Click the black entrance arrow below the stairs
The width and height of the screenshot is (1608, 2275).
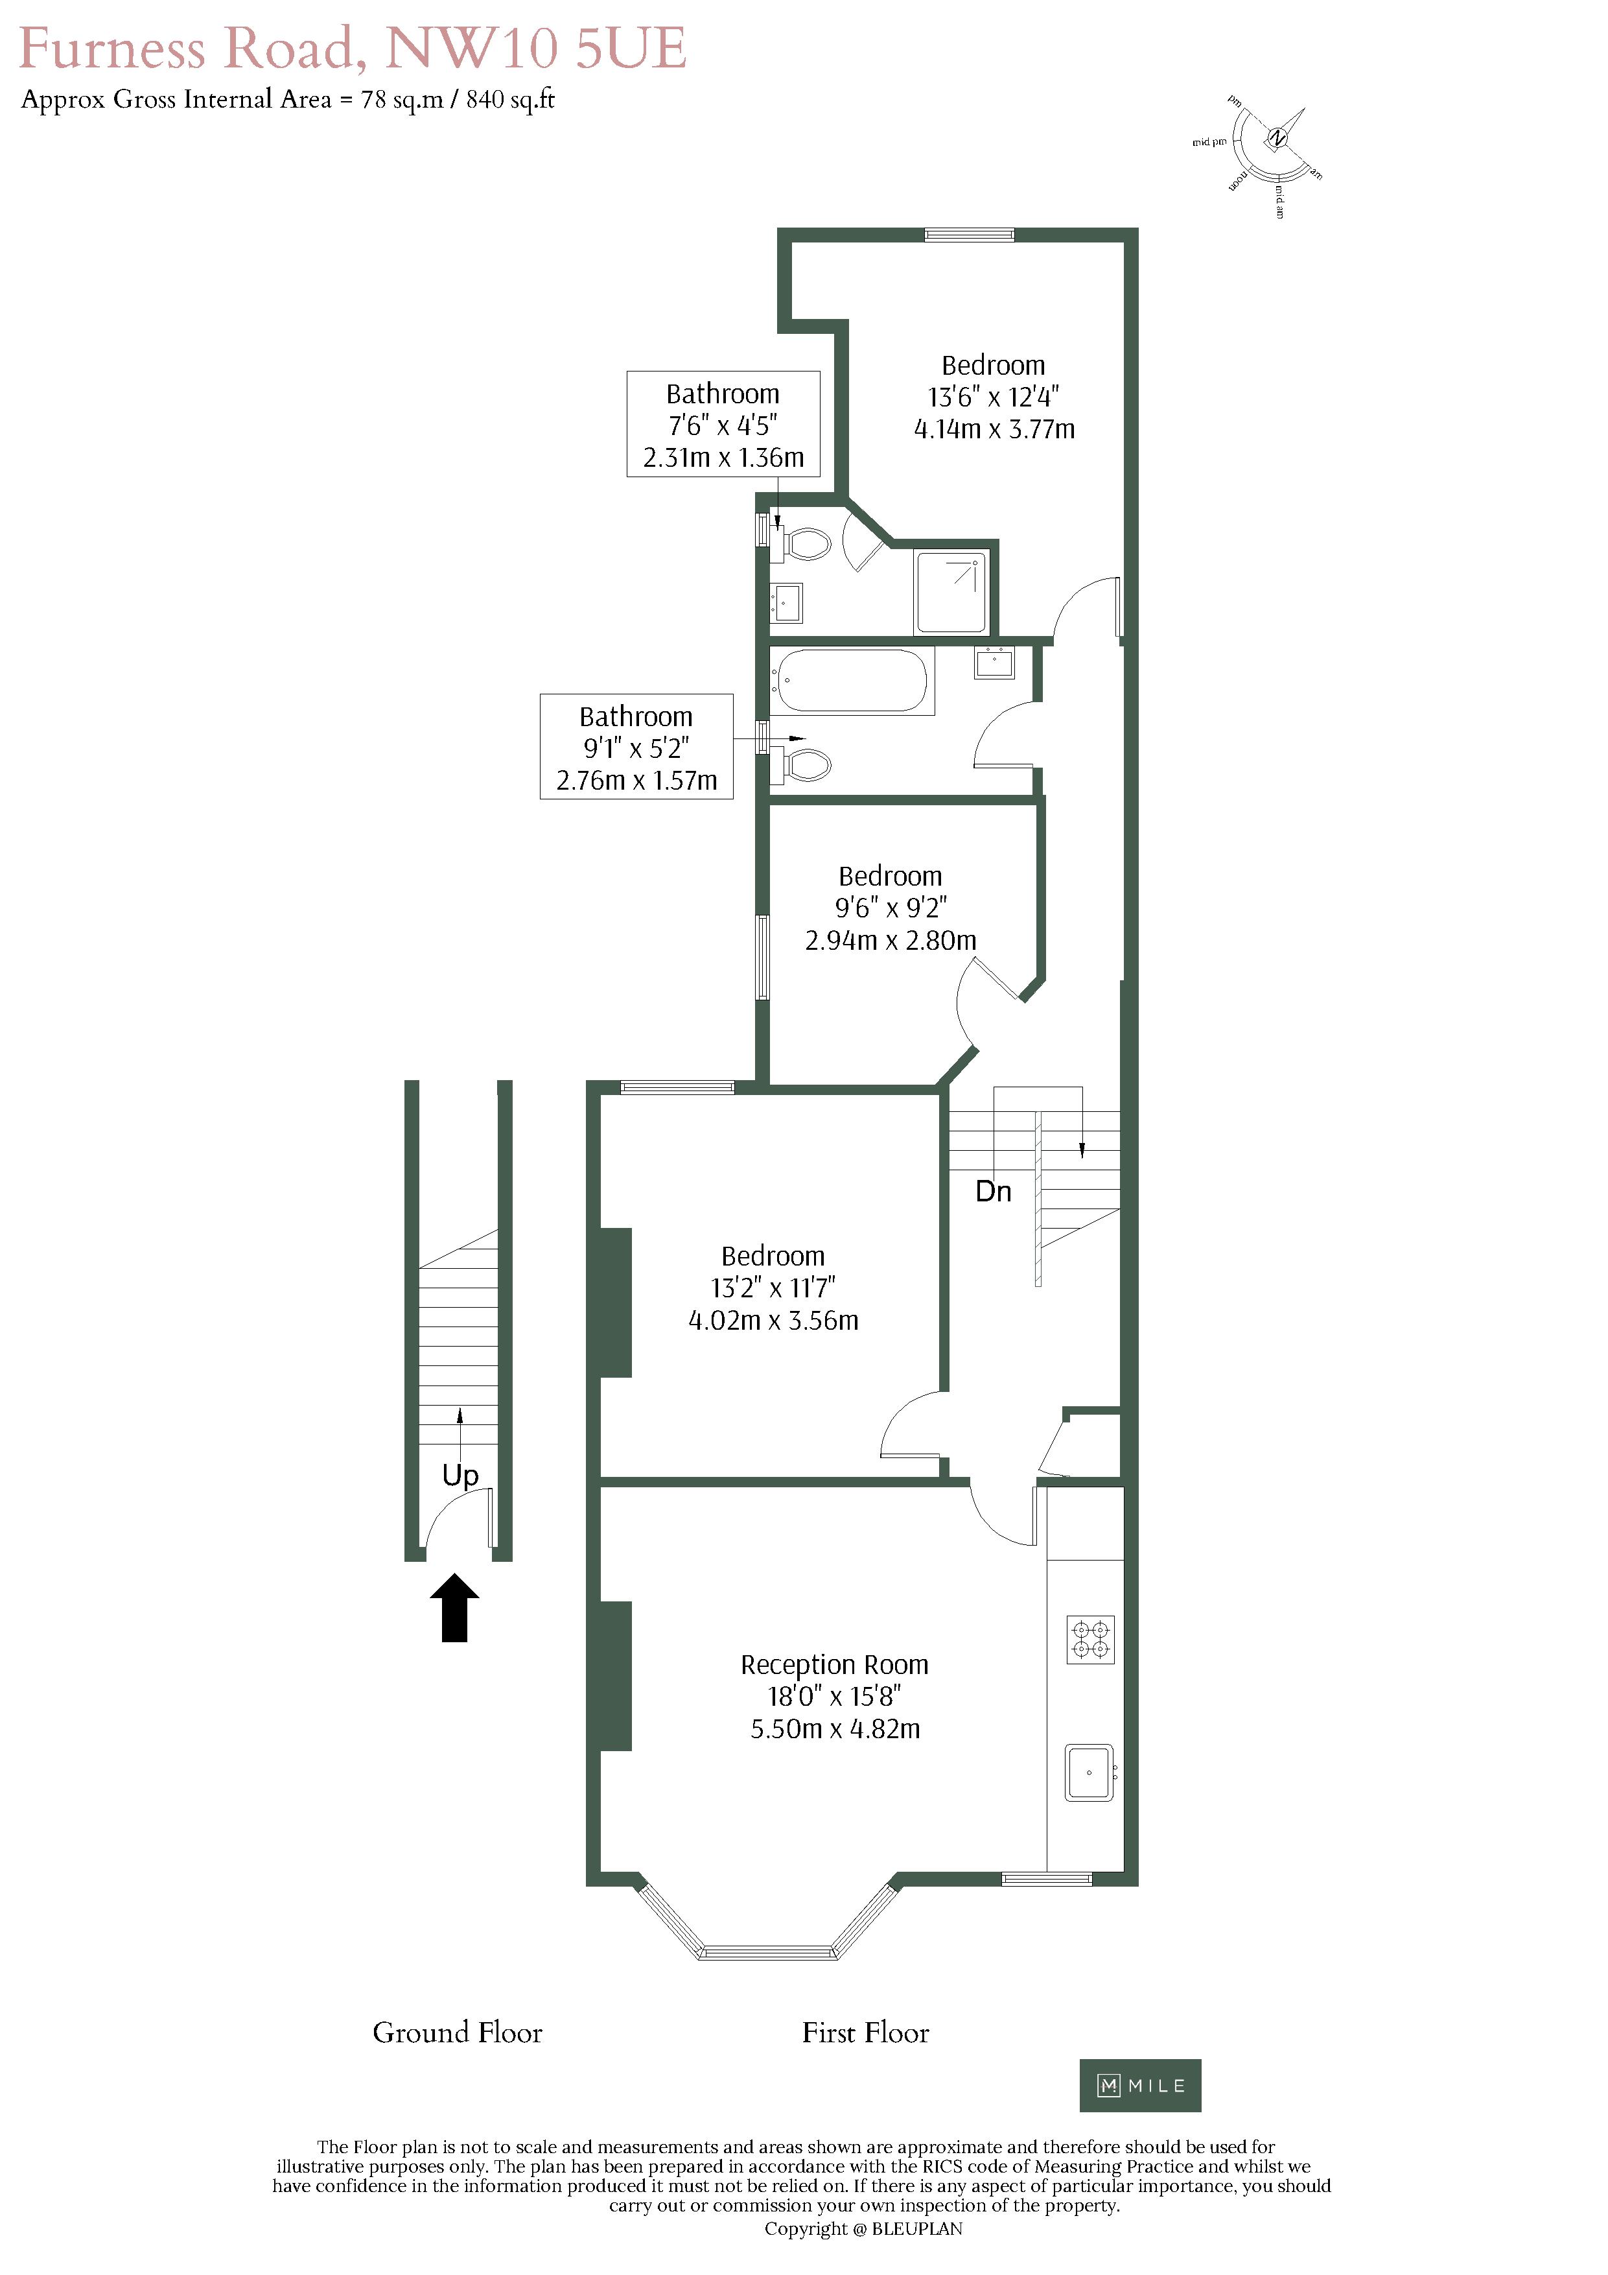pyautogui.click(x=455, y=1607)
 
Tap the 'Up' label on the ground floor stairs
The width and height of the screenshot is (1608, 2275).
pyautogui.click(x=461, y=1476)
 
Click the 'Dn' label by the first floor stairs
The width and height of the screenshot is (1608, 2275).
pyautogui.click(x=994, y=1191)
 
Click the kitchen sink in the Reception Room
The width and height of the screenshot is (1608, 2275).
pyautogui.click(x=1090, y=1773)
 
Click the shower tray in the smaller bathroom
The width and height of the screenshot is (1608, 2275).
pyautogui.click(x=952, y=591)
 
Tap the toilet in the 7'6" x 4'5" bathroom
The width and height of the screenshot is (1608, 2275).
pyautogui.click(x=802, y=544)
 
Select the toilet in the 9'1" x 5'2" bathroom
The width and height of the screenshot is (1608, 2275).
pyautogui.click(x=802, y=765)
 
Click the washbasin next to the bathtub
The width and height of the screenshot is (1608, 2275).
pyautogui.click(x=995, y=662)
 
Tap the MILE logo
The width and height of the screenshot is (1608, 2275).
pyautogui.click(x=1140, y=2086)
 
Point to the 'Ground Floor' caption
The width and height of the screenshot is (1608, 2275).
pyautogui.click(x=458, y=2033)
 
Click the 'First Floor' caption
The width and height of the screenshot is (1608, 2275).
pyautogui.click(x=866, y=2033)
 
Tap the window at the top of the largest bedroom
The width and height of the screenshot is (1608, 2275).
pyautogui.click(x=970, y=235)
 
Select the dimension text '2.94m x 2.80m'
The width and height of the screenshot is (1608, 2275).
pyautogui.click(x=891, y=940)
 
